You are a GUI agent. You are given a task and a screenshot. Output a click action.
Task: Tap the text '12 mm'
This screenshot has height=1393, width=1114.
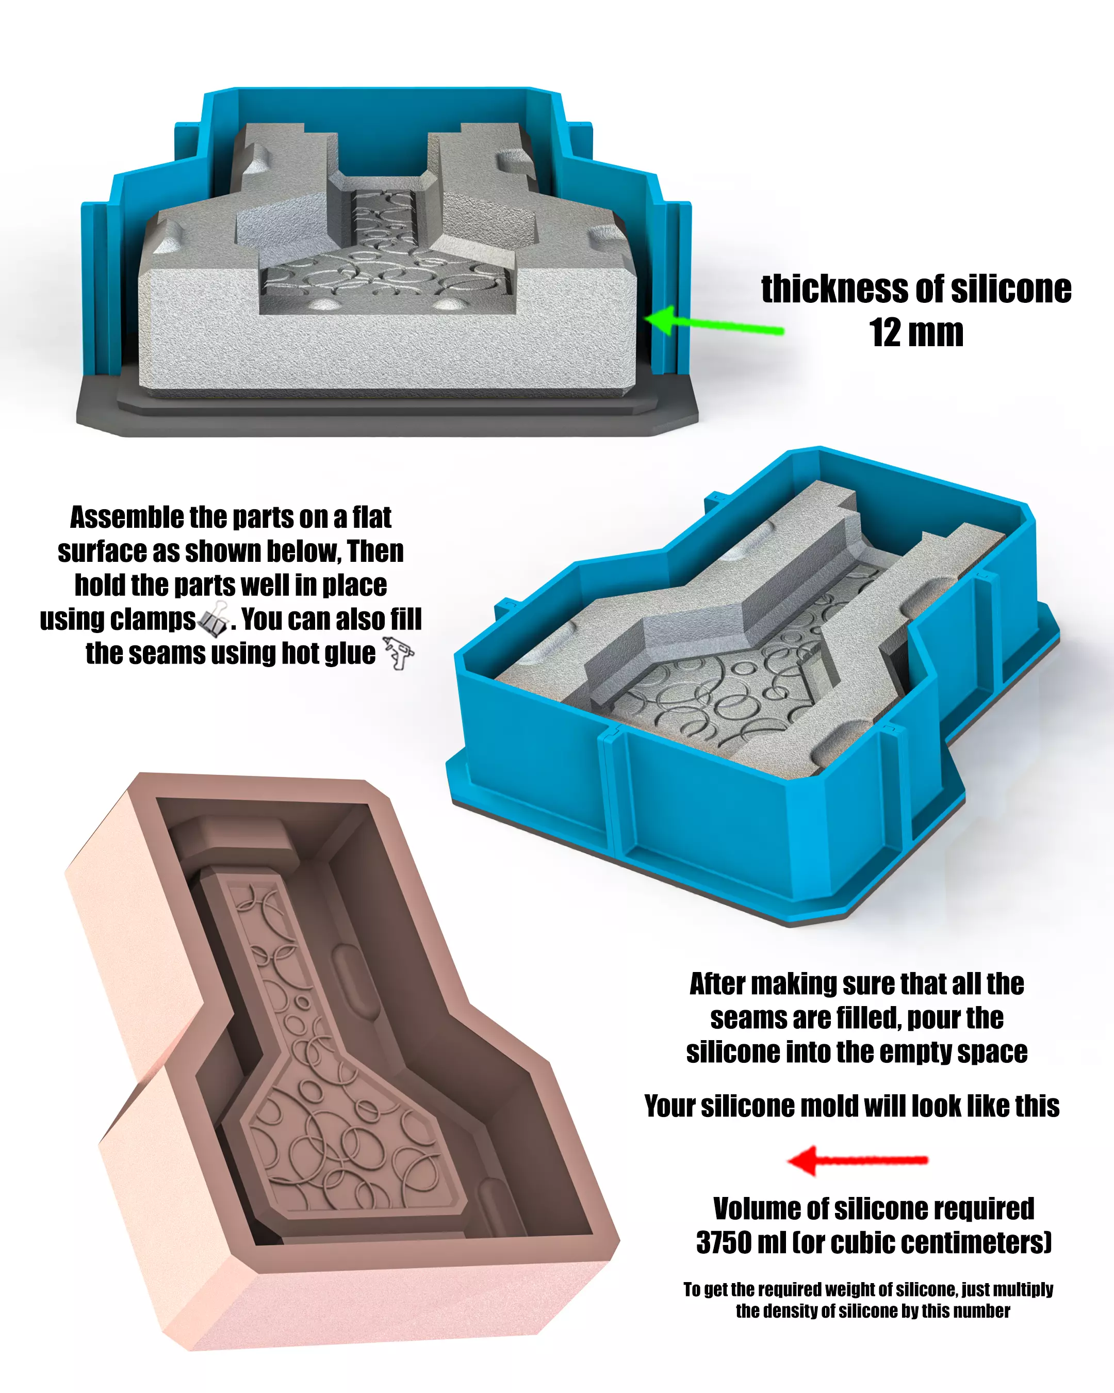tap(916, 333)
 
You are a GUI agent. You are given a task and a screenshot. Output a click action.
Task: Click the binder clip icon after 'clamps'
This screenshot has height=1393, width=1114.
tap(214, 618)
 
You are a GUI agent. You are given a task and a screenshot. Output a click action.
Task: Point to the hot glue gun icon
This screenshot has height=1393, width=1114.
tap(399, 652)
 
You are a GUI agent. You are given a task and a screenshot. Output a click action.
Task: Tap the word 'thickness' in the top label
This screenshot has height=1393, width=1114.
tap(832, 289)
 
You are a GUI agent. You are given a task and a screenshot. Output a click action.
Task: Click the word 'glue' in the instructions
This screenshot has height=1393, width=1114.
tap(351, 654)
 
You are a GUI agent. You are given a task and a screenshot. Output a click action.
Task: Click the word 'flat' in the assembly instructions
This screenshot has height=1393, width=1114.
tap(371, 517)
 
